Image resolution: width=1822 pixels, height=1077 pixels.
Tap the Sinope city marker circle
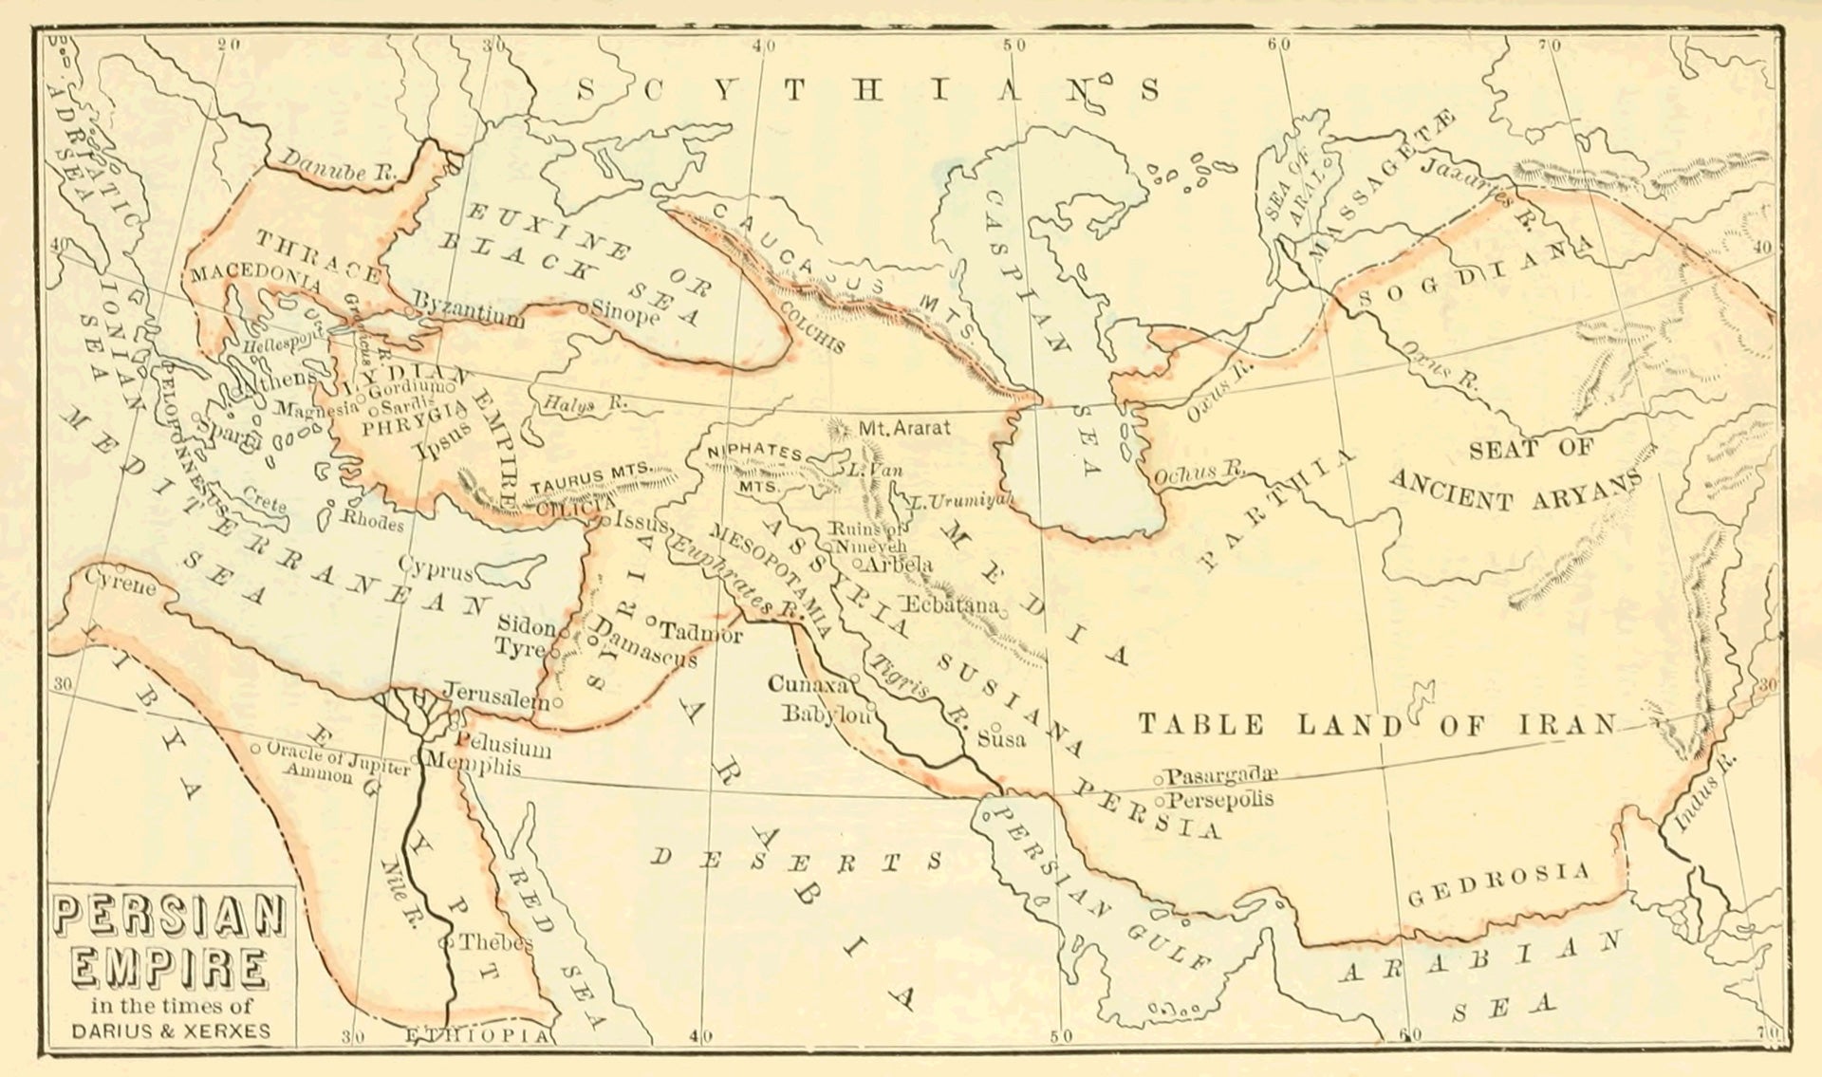click(x=586, y=307)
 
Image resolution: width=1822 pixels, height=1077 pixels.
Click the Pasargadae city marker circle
click(x=1159, y=779)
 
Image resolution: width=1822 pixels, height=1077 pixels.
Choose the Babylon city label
click(x=826, y=715)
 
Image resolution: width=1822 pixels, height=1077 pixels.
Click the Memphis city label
click(x=473, y=764)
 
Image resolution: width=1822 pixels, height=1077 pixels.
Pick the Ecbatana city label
click(x=952, y=604)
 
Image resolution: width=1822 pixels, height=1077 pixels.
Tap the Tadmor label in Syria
click(x=700, y=631)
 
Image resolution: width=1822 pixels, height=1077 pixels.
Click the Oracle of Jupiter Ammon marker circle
click(x=256, y=749)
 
